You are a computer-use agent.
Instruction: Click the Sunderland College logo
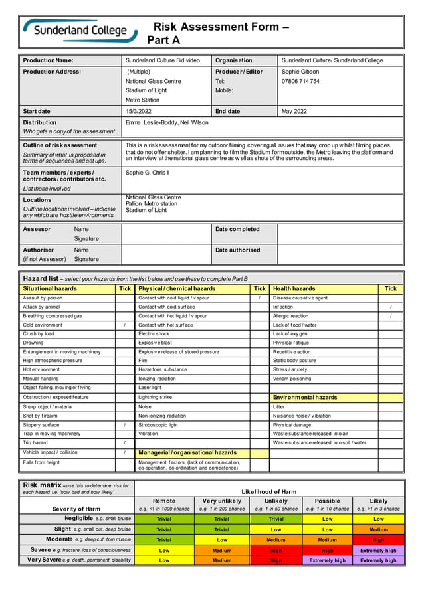80,30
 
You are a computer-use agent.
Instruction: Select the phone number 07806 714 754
300,81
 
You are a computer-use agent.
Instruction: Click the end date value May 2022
294,111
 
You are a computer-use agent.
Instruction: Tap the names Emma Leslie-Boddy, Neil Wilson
167,122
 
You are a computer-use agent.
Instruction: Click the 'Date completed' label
237,229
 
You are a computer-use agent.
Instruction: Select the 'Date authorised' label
237,250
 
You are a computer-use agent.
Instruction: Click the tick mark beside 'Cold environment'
125,325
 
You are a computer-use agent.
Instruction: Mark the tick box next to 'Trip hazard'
125,442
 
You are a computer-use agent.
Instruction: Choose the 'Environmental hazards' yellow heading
305,397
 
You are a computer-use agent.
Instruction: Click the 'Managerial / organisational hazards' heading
187,452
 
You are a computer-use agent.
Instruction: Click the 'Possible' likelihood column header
328,501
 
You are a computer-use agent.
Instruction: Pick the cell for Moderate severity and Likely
378,540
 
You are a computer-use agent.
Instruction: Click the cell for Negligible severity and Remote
163,519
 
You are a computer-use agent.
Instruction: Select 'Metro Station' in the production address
143,100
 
